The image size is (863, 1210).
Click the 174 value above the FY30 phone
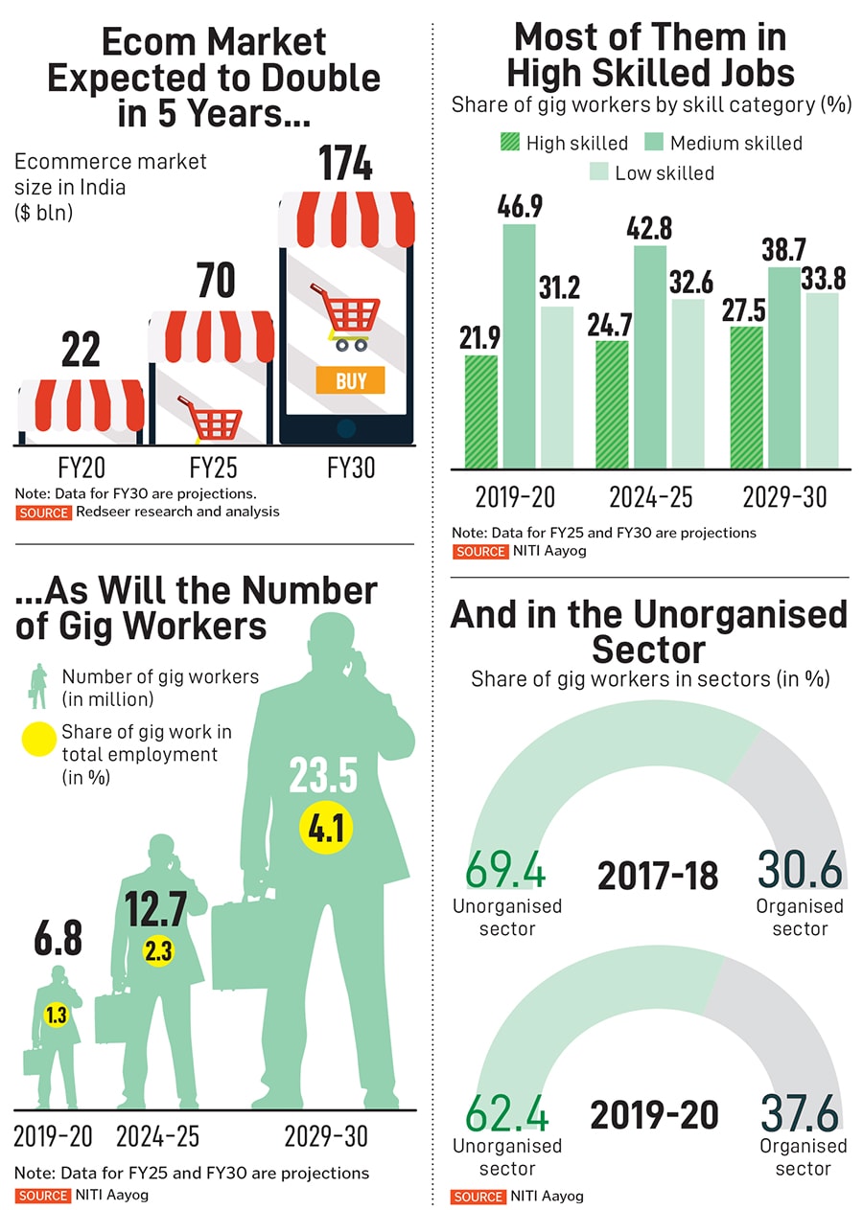click(x=346, y=164)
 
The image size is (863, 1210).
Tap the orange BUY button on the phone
click(x=350, y=380)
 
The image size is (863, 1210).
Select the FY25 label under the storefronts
click(x=214, y=468)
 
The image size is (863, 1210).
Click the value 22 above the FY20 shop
click(x=81, y=351)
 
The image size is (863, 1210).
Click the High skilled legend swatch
click(x=510, y=144)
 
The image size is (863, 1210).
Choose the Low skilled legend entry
click(x=651, y=173)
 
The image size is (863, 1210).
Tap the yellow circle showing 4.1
click(x=326, y=827)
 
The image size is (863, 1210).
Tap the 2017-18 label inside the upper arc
click(x=657, y=875)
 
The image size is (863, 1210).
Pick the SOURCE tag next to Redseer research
click(x=43, y=513)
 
